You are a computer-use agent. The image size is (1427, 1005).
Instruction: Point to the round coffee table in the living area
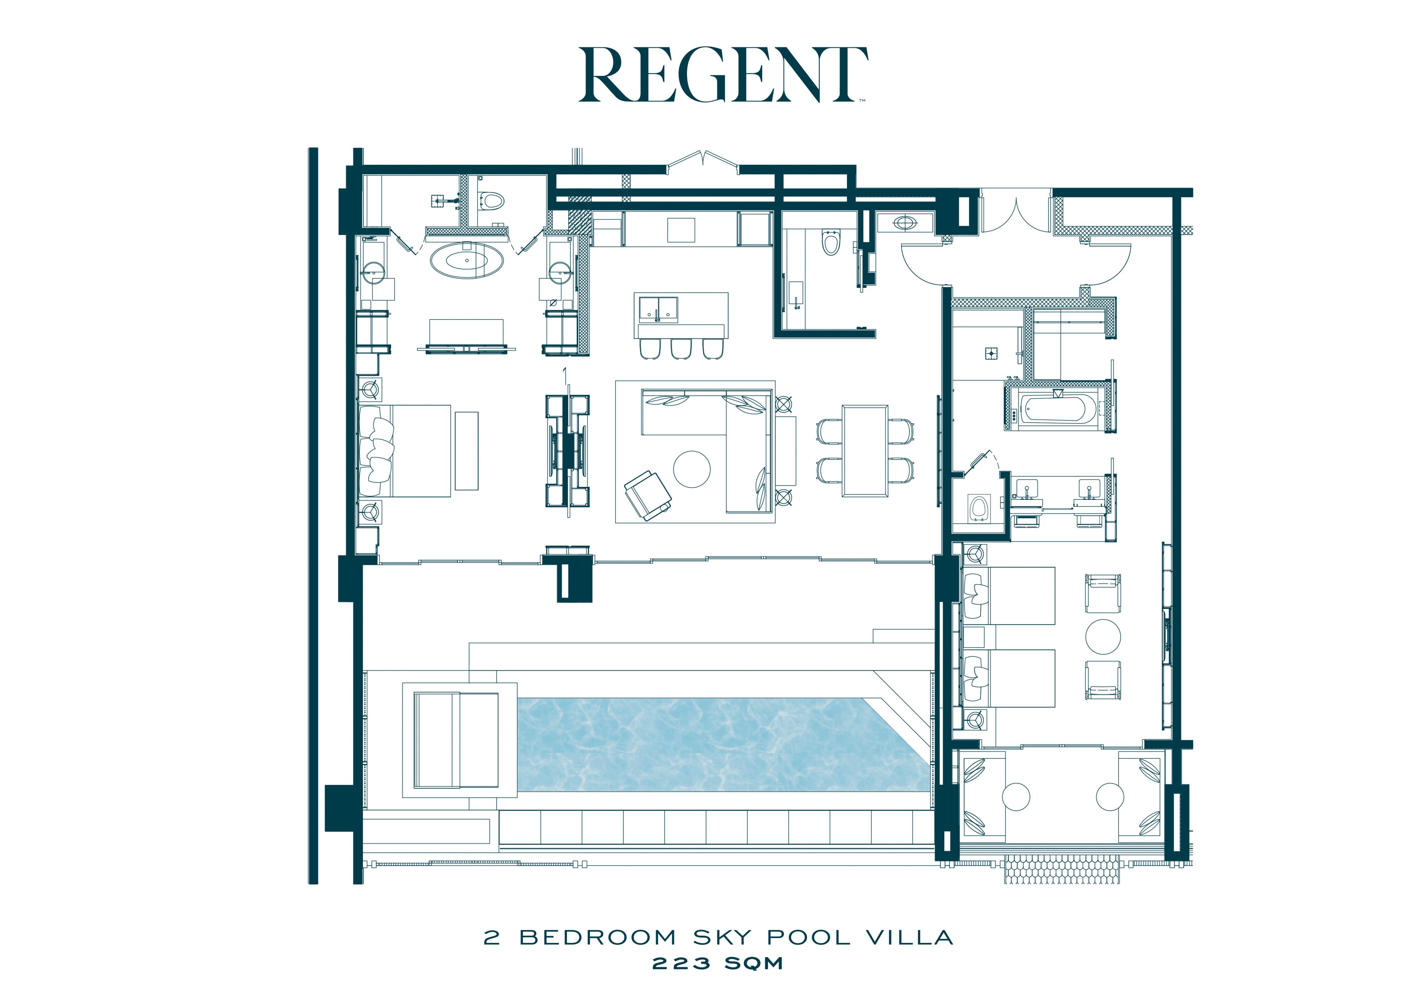point(692,469)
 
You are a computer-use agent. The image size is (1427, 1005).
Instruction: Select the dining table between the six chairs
point(864,450)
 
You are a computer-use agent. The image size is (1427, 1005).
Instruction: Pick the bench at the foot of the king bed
point(467,450)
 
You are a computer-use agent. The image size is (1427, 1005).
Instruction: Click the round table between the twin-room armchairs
point(1103,636)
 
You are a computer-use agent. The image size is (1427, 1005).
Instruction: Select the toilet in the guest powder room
point(831,242)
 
